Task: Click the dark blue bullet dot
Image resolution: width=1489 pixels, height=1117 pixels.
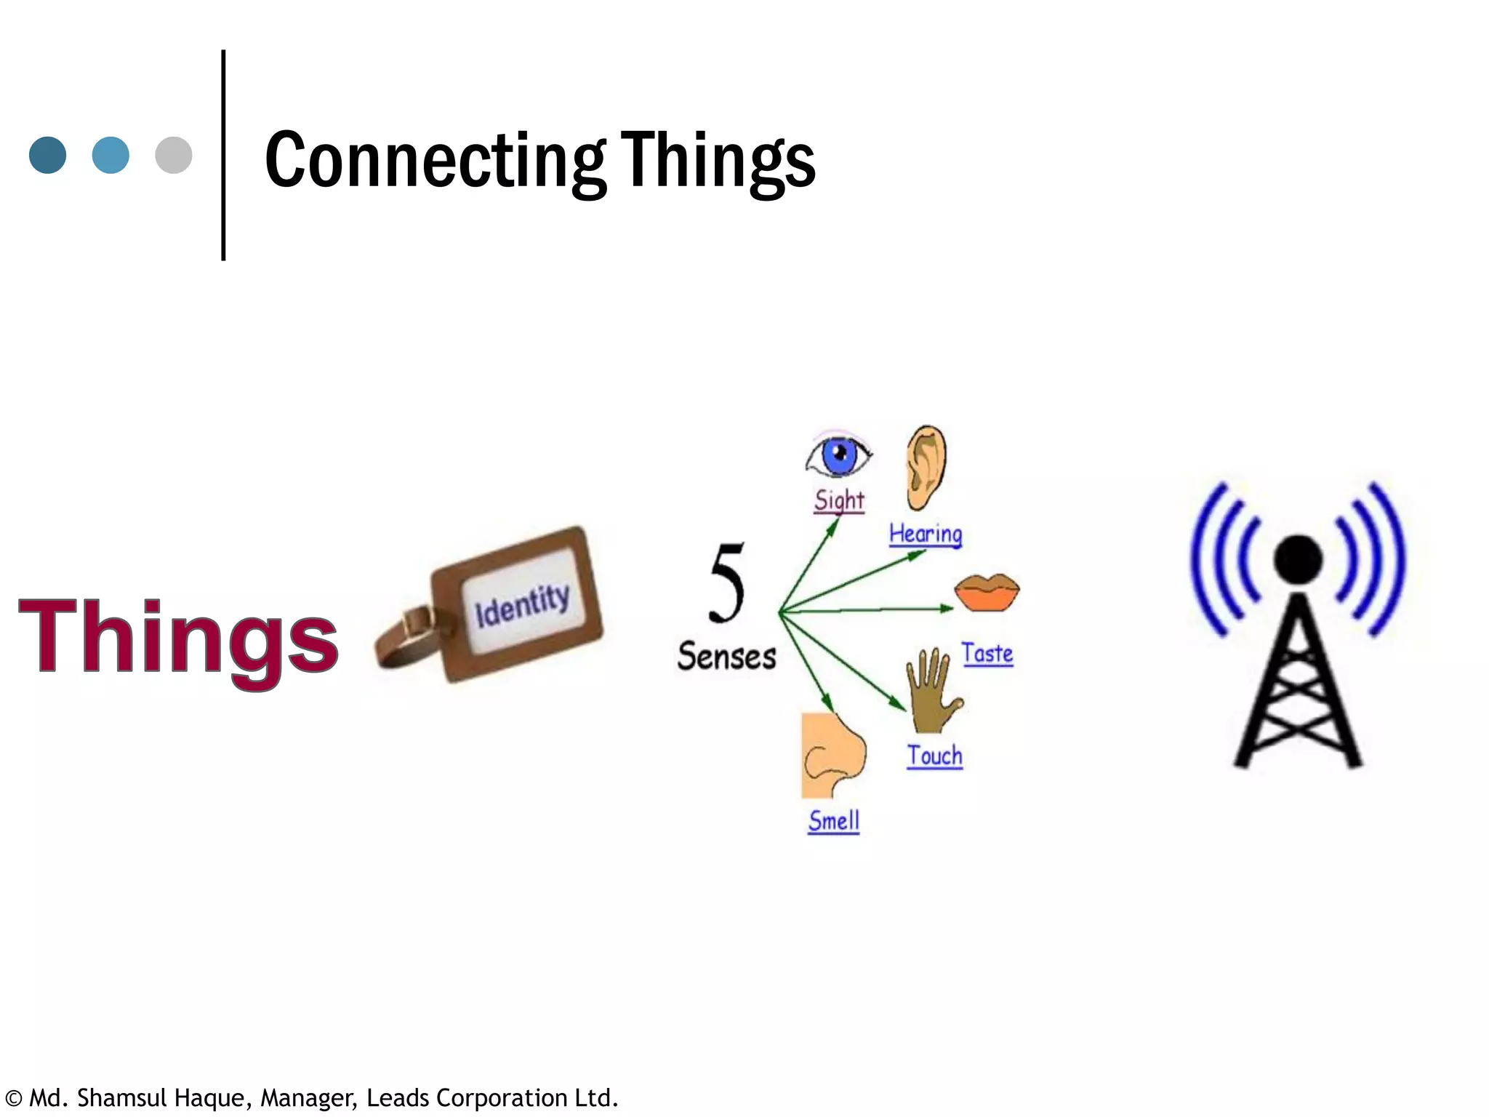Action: coord(48,155)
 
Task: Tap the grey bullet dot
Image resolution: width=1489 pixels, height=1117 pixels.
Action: coord(174,155)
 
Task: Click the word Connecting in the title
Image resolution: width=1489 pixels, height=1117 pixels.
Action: coord(435,161)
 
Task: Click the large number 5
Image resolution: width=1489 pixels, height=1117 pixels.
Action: coord(727,583)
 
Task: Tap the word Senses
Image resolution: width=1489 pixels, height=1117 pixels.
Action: coord(727,657)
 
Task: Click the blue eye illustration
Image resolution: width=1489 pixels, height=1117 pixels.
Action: coord(838,455)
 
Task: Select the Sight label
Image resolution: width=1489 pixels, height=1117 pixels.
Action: coord(839,500)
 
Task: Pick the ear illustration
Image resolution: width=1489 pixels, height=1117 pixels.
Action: coord(926,467)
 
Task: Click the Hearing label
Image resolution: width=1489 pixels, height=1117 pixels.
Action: coord(926,535)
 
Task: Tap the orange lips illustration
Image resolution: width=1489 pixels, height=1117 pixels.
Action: coord(987,592)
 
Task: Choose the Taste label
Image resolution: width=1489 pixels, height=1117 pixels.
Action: coord(987,653)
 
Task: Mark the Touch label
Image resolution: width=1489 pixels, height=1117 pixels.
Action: coord(934,756)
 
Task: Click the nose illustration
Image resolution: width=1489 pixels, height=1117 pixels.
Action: coord(833,756)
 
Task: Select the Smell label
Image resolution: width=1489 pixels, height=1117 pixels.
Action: coord(834,821)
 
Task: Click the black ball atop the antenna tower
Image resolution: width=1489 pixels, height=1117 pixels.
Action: coord(1299,559)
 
